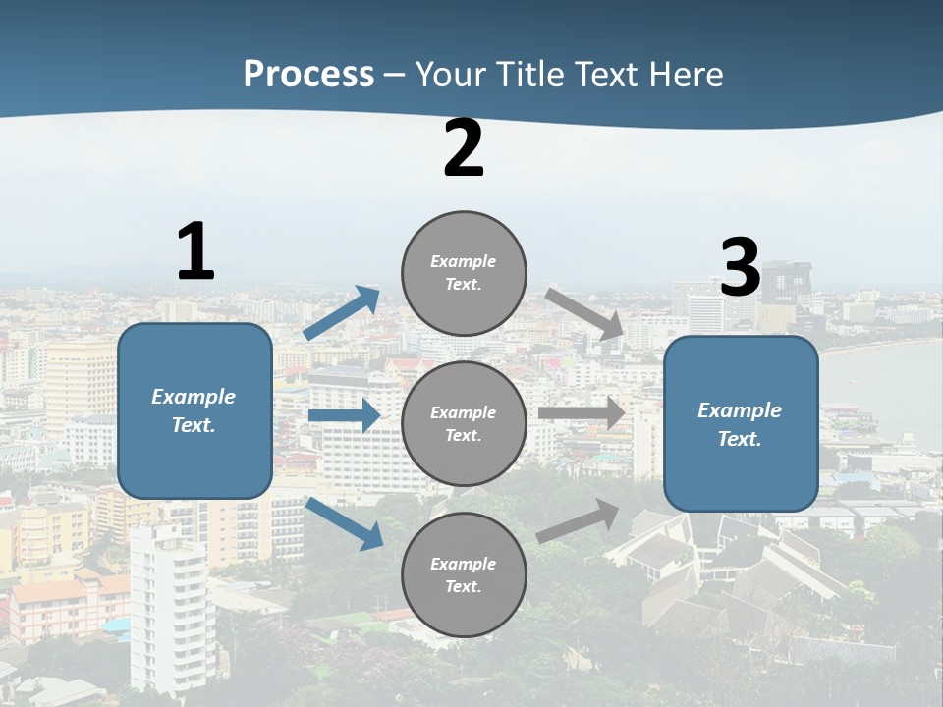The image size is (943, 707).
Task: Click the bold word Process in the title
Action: point(308,74)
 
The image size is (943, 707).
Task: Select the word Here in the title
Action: point(685,74)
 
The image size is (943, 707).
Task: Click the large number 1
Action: point(195,252)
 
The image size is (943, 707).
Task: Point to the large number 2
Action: point(464,148)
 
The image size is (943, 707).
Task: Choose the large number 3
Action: point(740,267)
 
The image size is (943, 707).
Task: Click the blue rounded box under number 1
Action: point(194,410)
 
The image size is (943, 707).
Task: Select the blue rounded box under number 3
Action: point(741,423)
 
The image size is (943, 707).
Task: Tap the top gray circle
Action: point(464,273)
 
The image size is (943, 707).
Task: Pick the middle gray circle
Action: point(464,423)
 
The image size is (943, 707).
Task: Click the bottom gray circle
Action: point(464,574)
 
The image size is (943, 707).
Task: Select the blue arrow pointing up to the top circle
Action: point(342,312)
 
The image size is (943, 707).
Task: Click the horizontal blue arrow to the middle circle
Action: point(344,415)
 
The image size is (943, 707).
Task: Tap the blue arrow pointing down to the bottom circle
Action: point(344,522)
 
